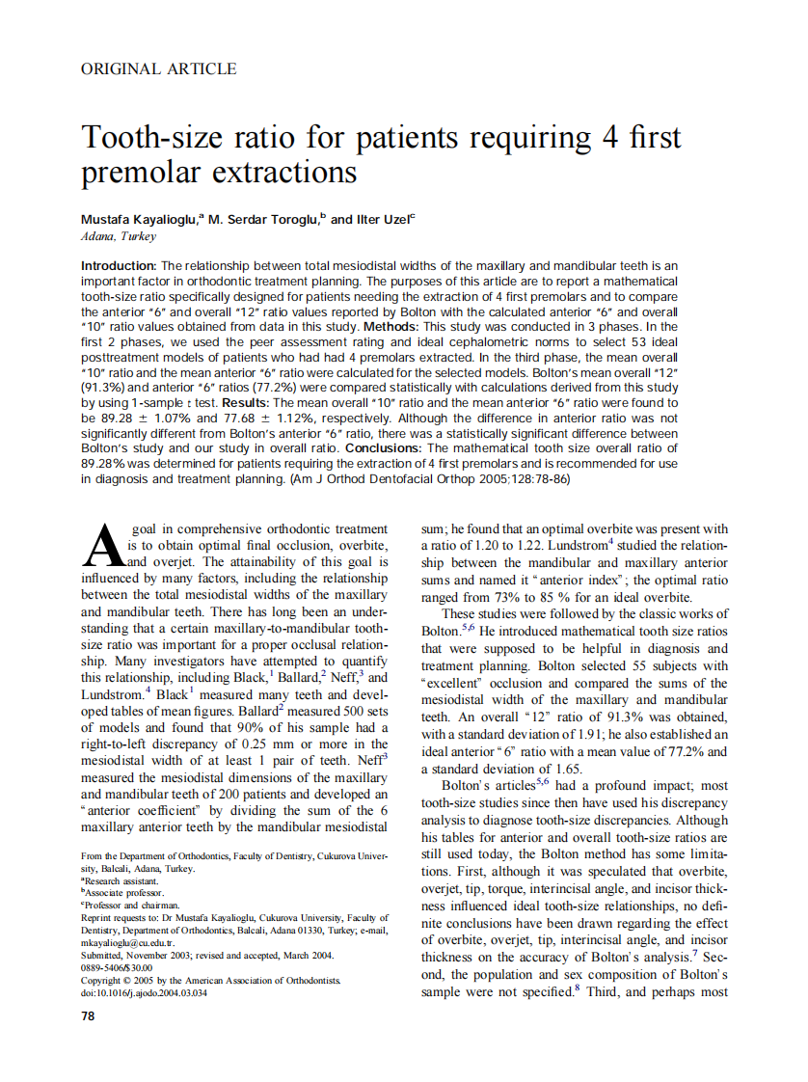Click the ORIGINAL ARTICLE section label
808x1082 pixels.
pyautogui.click(x=158, y=68)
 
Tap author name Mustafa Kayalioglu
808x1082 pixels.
pyautogui.click(x=139, y=219)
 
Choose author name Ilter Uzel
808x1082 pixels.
pyautogui.click(x=383, y=219)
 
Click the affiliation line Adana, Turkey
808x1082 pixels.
pyautogui.click(x=119, y=236)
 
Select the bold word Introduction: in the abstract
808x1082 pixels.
pyautogui.click(x=119, y=265)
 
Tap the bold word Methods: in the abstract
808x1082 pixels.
pyautogui.click(x=453, y=327)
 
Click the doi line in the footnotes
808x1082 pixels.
pyautogui.click(x=144, y=993)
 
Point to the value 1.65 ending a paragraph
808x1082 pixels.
pyautogui.click(x=569, y=769)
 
